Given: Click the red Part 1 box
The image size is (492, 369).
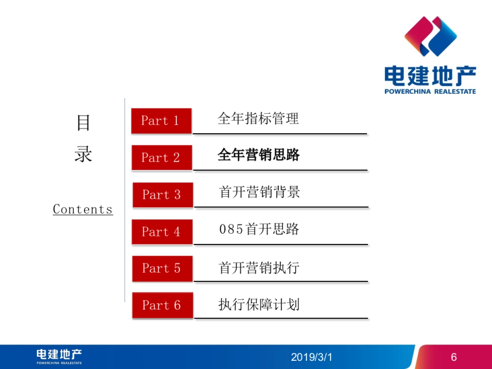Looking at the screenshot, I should coord(161,121).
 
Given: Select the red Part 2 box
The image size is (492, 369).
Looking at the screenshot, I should coord(162,157).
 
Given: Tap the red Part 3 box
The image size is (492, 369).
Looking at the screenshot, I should coord(162,194).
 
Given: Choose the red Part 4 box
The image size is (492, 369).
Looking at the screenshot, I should coord(162,232).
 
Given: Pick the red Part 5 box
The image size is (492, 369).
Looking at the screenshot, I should coord(162,269).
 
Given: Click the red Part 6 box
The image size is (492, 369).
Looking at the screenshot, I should coord(162,305).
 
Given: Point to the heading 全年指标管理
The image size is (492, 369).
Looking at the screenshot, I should coord(258,118).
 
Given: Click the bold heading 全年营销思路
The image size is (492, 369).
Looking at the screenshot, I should coord(259,155).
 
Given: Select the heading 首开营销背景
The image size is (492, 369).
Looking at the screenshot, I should coord(260,192).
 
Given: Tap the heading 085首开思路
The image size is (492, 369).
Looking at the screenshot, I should coord(259,229).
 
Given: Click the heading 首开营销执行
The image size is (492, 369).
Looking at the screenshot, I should coord(260,268).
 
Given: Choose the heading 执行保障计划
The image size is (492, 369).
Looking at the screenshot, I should coord(259,305).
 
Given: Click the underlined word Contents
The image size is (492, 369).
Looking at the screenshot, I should coord(83,210).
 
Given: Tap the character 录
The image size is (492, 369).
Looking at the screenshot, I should coord(83,154).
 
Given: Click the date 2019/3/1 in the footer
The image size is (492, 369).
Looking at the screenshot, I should coord(312,357).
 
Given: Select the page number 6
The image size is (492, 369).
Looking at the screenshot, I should coord(453,357).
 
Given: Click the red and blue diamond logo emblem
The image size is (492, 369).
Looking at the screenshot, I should coord(430,36).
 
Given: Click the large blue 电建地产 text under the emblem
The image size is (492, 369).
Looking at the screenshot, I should coord(430,77).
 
